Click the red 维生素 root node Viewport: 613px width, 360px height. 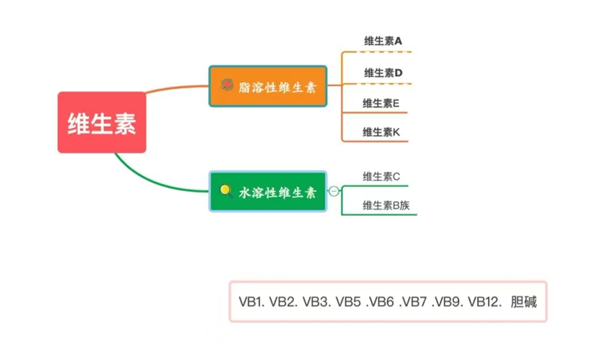(101, 122)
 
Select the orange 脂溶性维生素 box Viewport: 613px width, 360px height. (267, 86)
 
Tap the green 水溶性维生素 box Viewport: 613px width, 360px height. (267, 191)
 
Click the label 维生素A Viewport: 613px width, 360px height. (382, 41)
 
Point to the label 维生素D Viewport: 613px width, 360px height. (383, 72)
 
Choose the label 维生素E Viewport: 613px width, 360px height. (381, 103)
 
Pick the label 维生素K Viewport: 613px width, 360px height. (382, 131)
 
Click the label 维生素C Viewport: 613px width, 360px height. (382, 177)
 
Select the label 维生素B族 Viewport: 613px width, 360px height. (386, 206)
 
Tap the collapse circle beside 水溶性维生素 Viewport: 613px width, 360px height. (333, 191)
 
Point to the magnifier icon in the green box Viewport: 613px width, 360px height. (226, 190)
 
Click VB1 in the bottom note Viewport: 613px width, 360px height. (251, 302)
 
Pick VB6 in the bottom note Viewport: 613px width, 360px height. (379, 302)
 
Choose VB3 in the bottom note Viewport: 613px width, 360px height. (315, 302)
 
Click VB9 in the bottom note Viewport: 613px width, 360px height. (447, 302)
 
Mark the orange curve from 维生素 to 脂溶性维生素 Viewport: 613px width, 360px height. (177, 89)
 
